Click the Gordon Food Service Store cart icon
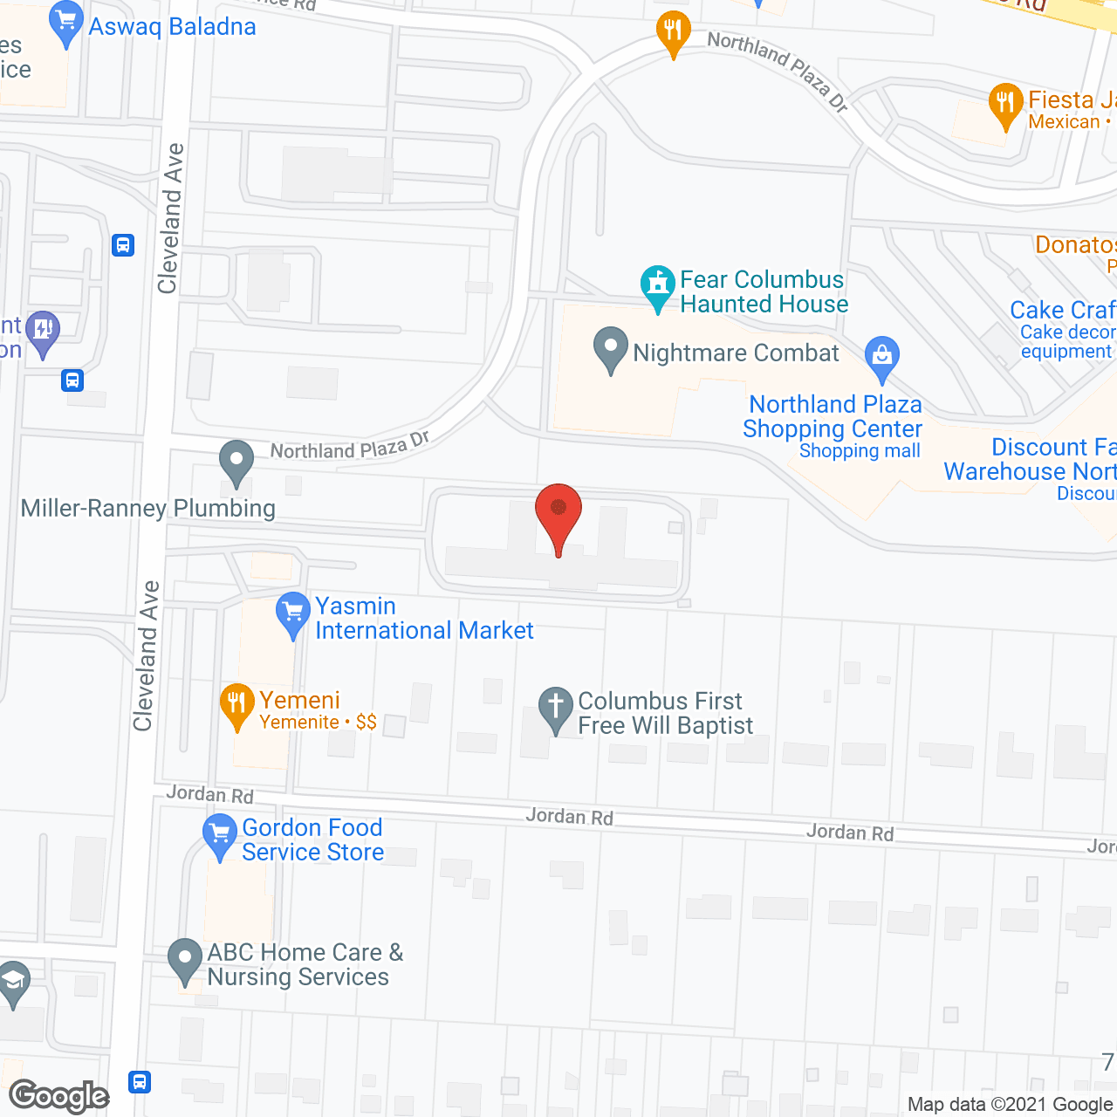[x=219, y=834]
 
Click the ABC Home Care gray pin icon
[x=184, y=959]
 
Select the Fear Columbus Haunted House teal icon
[x=658, y=285]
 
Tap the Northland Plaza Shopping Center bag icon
[x=881, y=357]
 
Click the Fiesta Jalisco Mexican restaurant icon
[x=1006, y=104]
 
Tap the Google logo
[x=59, y=1096]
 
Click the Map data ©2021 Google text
[x=1011, y=1105]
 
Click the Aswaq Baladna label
[x=172, y=27]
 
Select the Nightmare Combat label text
[x=736, y=353]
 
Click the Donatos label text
[x=1075, y=245]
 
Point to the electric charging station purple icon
[x=43, y=331]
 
